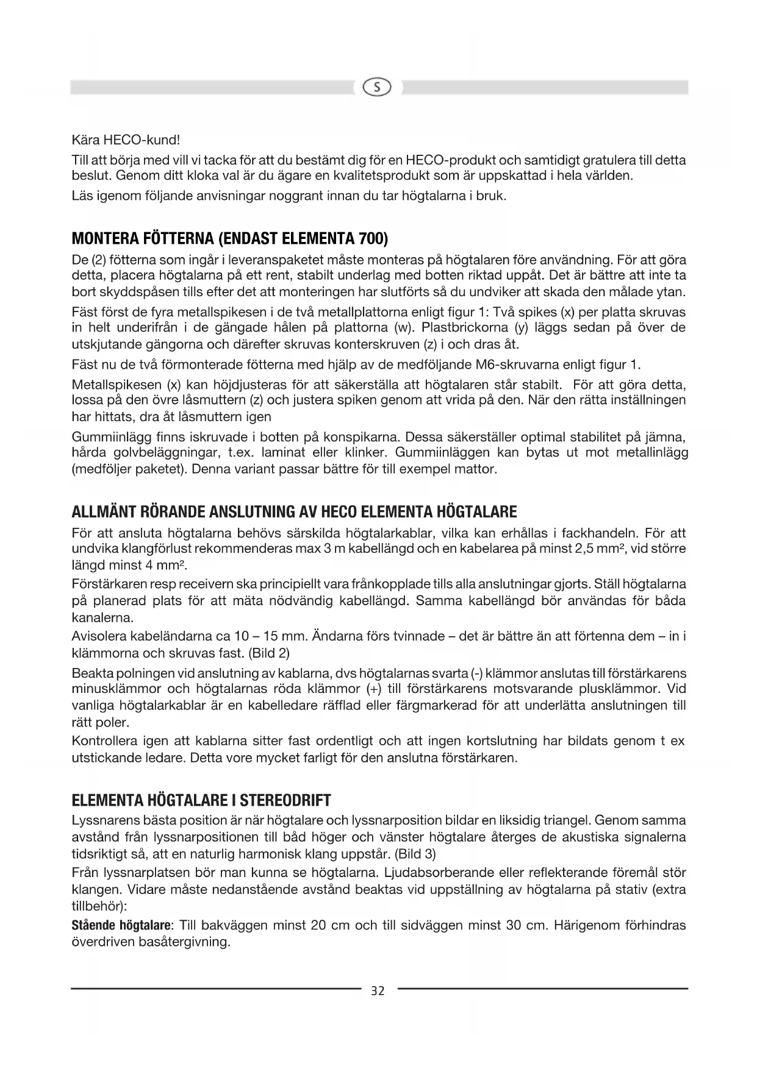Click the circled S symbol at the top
[378, 88]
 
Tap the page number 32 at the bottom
[378, 991]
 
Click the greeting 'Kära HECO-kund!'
[126, 140]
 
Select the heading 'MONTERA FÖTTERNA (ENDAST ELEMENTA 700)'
[229, 237]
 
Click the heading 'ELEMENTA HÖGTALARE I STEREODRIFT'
[201, 800]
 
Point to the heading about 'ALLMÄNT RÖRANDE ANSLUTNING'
[294, 511]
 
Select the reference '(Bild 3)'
[415, 852]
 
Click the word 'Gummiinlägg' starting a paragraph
[108, 437]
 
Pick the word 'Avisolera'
[98, 636]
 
